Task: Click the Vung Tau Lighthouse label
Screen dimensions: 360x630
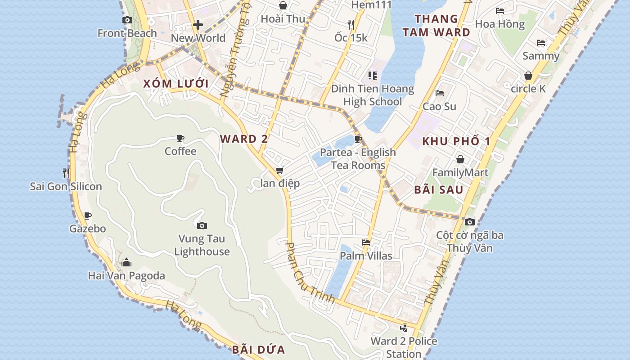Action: coord(202,245)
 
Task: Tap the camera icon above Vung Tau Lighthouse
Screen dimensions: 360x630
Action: coord(202,225)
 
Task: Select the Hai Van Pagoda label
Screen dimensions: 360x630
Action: coord(126,275)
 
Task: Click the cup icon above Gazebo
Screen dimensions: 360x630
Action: coord(88,216)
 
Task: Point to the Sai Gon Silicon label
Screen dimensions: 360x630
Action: coord(66,186)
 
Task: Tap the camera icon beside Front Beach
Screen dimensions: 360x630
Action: coord(127,20)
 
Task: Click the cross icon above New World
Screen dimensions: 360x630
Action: coord(198,25)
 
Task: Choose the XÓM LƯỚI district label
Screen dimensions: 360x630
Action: coord(176,84)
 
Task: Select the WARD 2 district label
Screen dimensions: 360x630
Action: coord(244,139)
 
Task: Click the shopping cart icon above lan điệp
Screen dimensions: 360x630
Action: coord(280,171)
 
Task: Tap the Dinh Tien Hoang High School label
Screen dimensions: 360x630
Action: coord(373,95)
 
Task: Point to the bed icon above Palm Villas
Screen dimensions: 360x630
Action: coord(366,243)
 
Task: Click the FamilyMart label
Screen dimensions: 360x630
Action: coord(460,172)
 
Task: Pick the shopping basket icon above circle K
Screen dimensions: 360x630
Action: coord(528,76)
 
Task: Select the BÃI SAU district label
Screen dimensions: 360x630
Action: coord(439,189)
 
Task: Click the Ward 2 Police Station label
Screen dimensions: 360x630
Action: coord(404,347)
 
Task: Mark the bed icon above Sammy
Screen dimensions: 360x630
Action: coord(541,43)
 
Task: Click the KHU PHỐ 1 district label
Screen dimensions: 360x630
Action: coord(456,141)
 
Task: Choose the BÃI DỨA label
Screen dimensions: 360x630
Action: coord(259,350)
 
